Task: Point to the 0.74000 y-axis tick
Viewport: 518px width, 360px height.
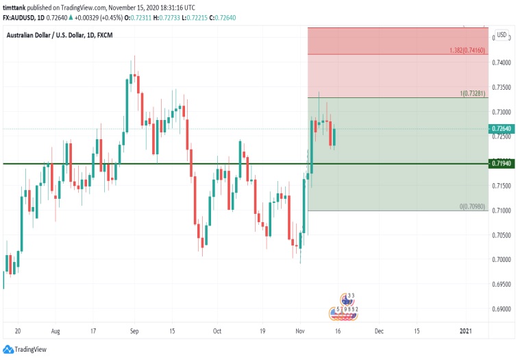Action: (502, 62)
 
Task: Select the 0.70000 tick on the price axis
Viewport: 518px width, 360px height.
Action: (502, 259)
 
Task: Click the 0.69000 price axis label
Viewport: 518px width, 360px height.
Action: (502, 309)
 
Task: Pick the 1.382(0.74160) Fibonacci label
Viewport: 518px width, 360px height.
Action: (468, 50)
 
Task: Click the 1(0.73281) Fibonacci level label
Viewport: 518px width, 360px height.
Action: (473, 93)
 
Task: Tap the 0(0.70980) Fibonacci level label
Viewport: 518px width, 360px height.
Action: (473, 206)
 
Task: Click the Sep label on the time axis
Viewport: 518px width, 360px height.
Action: (134, 330)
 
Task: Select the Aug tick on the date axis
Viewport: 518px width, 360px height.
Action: (56, 330)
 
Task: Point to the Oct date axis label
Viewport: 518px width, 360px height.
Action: (217, 330)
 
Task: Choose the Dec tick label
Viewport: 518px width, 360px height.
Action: (378, 330)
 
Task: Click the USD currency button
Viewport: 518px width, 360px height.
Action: (502, 35)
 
